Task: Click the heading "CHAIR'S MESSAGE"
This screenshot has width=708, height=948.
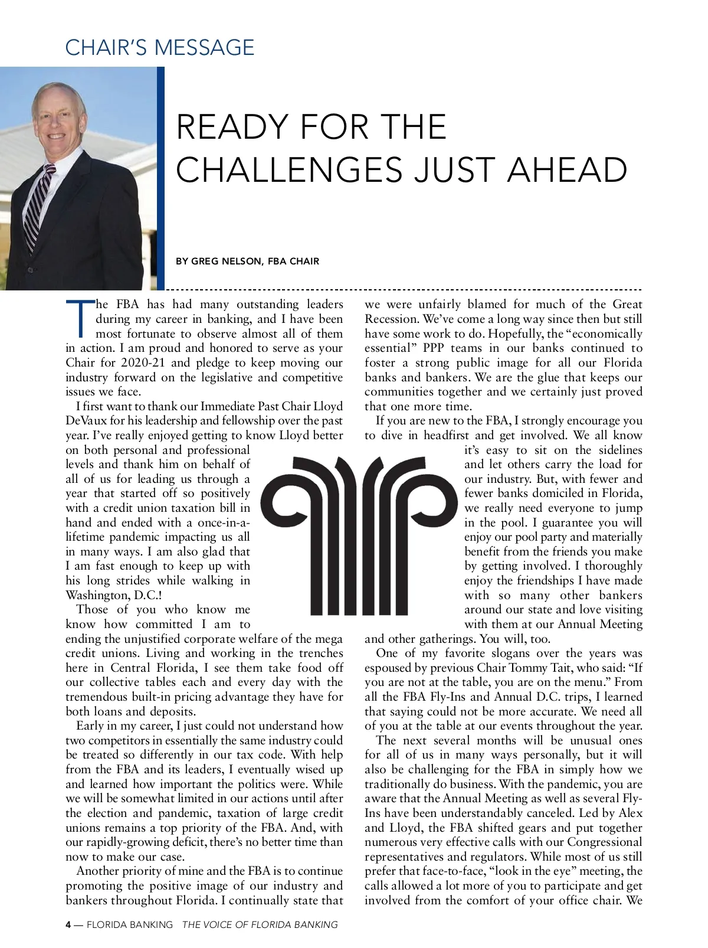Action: (159, 47)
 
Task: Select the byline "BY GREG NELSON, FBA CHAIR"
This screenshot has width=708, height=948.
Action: (247, 261)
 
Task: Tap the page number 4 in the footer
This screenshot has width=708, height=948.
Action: (68, 924)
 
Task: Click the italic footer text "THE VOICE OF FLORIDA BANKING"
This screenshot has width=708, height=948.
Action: (260, 924)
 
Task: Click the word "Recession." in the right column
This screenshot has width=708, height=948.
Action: (391, 319)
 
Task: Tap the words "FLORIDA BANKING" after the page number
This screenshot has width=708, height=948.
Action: (130, 924)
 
